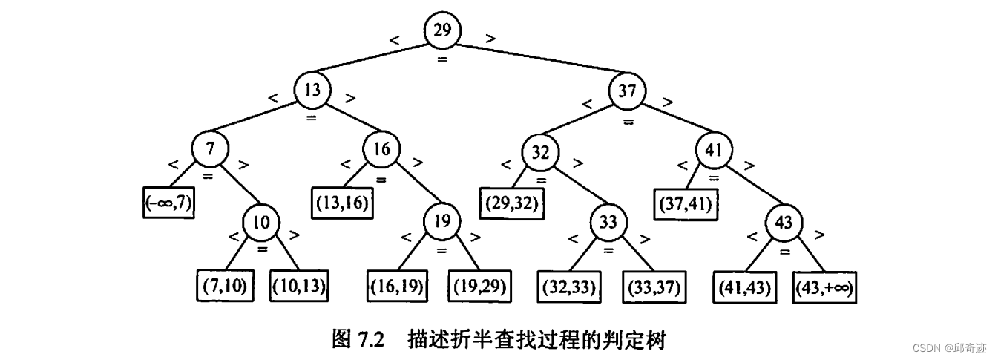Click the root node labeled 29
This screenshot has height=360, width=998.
tap(442, 31)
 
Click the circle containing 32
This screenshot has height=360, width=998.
tap(540, 154)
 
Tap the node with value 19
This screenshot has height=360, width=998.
tap(442, 220)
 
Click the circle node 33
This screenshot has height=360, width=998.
tap(609, 223)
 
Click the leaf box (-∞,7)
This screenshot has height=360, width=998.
tap(168, 203)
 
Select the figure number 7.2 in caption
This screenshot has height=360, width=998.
tap(369, 341)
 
